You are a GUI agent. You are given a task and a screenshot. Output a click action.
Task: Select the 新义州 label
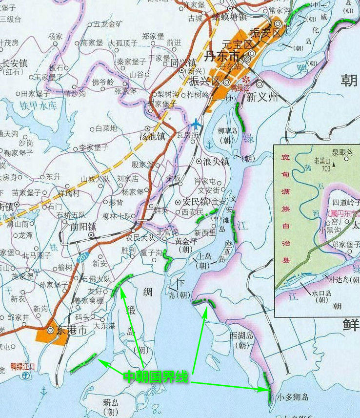click(x=262, y=97)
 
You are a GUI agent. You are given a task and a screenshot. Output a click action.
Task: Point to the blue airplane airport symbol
click(x=196, y=123)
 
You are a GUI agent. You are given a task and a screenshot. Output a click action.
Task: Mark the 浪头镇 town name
click(x=217, y=161)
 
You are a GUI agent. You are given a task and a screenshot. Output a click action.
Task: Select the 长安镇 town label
click(x=15, y=63)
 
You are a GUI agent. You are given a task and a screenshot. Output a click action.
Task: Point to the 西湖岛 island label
click(x=242, y=335)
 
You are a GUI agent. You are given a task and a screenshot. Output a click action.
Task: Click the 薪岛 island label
click(x=111, y=403)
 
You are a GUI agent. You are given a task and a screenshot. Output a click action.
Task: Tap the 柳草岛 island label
click(x=227, y=131)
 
